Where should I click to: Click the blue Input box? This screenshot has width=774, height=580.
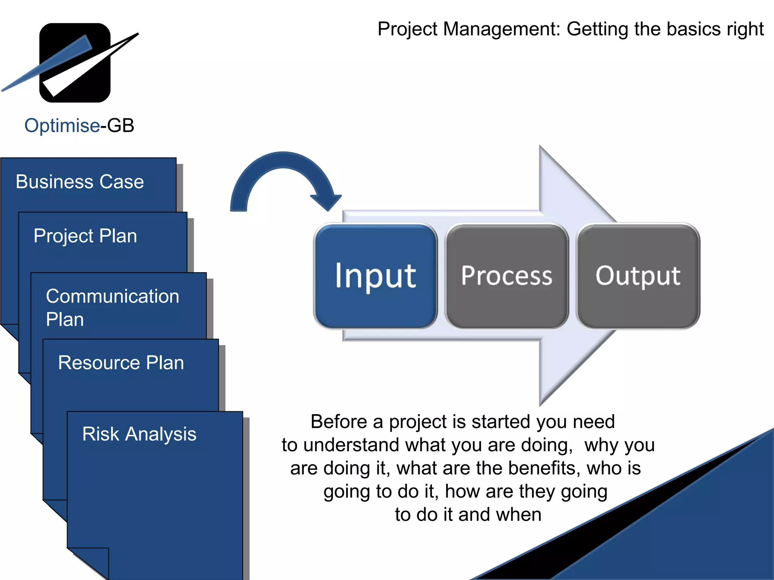point(375,276)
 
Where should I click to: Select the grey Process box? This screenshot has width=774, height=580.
point(506,276)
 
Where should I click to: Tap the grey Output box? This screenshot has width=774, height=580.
point(638,276)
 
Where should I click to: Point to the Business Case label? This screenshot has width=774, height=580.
point(80,182)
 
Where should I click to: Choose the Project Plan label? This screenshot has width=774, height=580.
point(85,236)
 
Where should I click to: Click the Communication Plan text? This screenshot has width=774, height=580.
point(112,307)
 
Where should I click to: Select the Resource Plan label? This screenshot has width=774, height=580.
point(121,363)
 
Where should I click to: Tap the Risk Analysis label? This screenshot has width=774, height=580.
point(139,434)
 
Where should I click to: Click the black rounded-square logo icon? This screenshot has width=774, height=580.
point(75,63)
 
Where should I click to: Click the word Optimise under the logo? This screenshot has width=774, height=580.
point(62,125)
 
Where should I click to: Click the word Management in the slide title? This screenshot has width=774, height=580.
point(502,29)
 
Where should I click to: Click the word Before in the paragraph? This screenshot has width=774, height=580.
point(339,422)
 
